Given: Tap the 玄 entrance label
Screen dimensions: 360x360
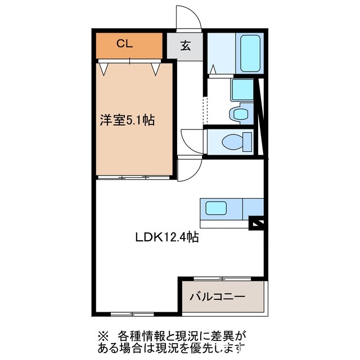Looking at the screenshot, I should pos(185,46).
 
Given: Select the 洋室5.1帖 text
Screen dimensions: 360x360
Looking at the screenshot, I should pos(127,120).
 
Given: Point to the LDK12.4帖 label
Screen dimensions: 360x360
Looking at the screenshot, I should pos(166,237).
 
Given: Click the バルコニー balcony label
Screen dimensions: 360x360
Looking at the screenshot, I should pos(217,296).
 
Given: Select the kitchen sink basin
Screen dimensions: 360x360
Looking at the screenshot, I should pos(216,209).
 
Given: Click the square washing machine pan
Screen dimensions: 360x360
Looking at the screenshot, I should pos(242,89).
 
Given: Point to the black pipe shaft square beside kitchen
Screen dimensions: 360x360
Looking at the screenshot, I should pos(256,224).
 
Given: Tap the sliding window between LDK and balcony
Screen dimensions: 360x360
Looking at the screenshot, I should pos(222,278).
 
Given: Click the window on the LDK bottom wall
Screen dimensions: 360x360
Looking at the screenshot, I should pos(132,313).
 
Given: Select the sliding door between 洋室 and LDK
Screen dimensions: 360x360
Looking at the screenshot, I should pos(133,177).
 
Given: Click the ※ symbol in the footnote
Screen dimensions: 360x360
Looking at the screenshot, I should pos(102,336).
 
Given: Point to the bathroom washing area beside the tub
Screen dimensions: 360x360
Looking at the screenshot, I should pos(222,54).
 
